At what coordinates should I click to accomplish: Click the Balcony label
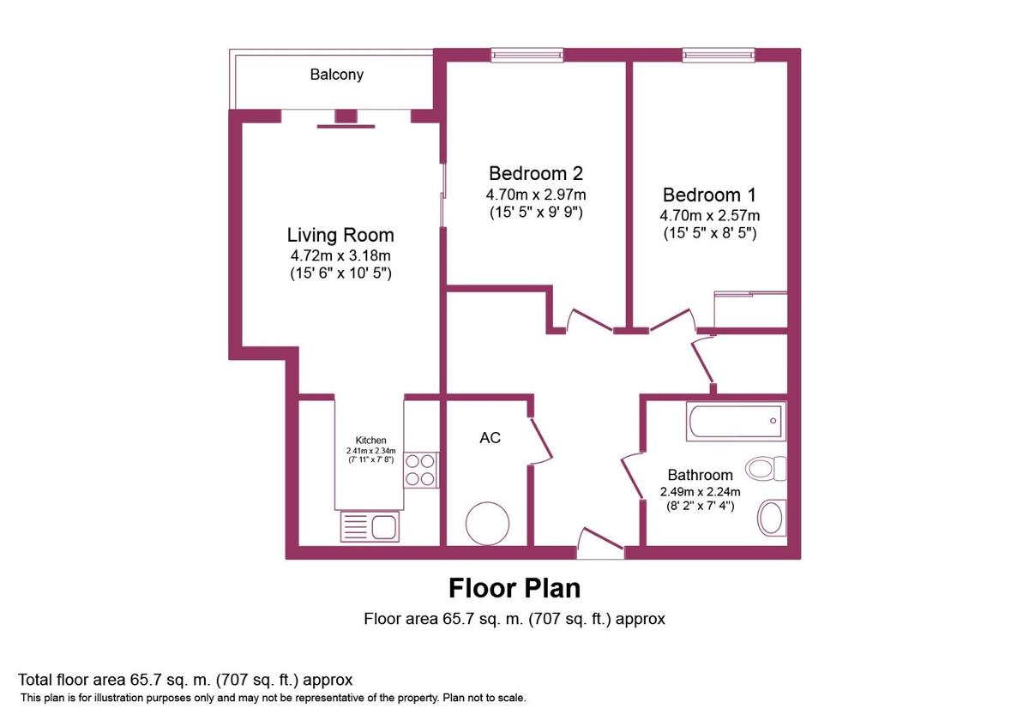(336, 75)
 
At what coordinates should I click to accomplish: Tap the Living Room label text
(340, 235)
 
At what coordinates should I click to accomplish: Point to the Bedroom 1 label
(709, 195)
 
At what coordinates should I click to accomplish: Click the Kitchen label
(370, 440)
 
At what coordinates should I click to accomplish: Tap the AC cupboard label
(490, 438)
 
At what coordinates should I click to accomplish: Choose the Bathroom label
(700, 475)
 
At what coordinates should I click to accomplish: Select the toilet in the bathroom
(765, 468)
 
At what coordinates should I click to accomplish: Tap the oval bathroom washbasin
(771, 518)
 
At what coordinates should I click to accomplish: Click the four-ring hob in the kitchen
(420, 470)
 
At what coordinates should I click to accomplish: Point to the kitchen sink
(370, 525)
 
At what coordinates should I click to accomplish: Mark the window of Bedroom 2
(527, 55)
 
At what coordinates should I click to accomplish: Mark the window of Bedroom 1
(719, 55)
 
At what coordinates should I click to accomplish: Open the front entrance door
(600, 545)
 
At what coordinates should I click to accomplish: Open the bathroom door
(635, 473)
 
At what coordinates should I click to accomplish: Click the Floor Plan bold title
(514, 588)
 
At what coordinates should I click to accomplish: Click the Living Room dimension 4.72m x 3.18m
(340, 256)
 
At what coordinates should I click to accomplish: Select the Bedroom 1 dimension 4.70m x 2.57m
(709, 215)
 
